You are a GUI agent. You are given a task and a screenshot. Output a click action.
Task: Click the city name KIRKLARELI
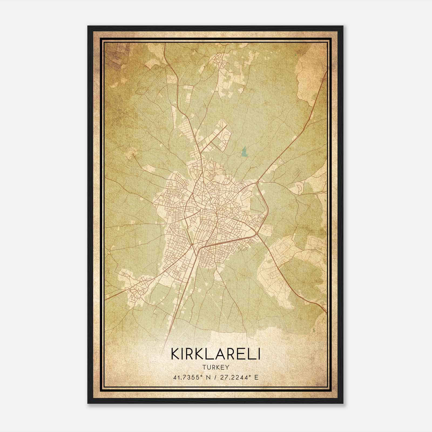(215, 354)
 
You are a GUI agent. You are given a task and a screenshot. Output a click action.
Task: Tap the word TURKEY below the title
(215, 367)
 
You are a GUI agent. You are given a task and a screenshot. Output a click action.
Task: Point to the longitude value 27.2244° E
(239, 377)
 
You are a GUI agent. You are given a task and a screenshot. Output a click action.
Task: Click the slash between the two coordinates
(216, 377)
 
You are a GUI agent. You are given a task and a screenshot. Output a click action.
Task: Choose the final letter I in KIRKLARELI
(259, 354)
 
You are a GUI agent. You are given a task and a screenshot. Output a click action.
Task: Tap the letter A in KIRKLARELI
(218, 354)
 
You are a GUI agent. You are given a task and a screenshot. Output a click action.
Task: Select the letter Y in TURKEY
(227, 367)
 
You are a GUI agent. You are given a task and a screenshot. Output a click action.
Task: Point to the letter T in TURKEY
(203, 367)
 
